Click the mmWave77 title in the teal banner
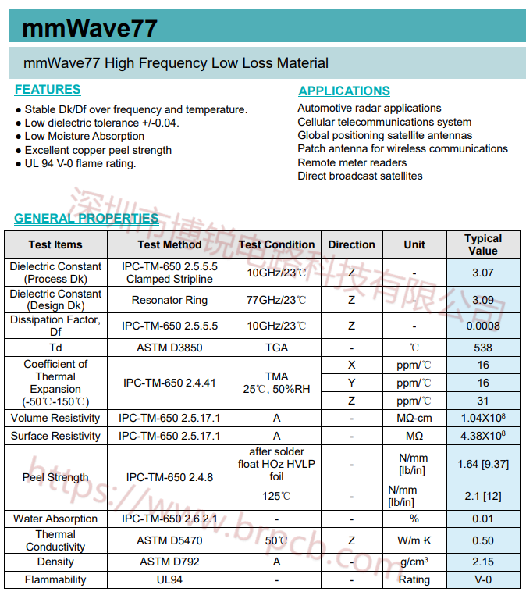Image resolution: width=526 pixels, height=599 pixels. click(90, 29)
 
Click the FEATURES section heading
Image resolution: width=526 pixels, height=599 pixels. click(48, 90)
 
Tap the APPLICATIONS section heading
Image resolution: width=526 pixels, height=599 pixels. click(344, 91)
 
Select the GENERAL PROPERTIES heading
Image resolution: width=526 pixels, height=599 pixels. click(86, 219)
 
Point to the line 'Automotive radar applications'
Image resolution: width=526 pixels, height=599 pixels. click(369, 108)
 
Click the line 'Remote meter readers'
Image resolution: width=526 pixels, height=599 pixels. click(352, 162)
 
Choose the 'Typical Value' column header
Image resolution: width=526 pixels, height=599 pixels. click(482, 244)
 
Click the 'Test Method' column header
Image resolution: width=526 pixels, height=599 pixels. click(169, 244)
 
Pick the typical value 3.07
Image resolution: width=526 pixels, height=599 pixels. click(482, 273)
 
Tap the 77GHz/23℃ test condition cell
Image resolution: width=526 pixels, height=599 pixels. click(276, 300)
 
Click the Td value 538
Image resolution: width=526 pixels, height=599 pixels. click(482, 348)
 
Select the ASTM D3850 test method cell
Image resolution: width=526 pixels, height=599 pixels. click(169, 348)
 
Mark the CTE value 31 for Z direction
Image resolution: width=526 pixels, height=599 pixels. click(482, 401)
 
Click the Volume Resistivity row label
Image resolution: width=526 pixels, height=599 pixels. click(55, 418)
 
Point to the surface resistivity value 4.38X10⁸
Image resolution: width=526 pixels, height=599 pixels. click(482, 436)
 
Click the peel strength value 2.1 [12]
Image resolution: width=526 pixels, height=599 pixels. click(482, 496)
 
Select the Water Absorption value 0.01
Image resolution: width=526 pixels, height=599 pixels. click(482, 519)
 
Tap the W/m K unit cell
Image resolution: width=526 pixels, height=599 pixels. click(414, 540)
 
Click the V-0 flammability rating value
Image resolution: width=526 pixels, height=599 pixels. click(482, 579)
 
